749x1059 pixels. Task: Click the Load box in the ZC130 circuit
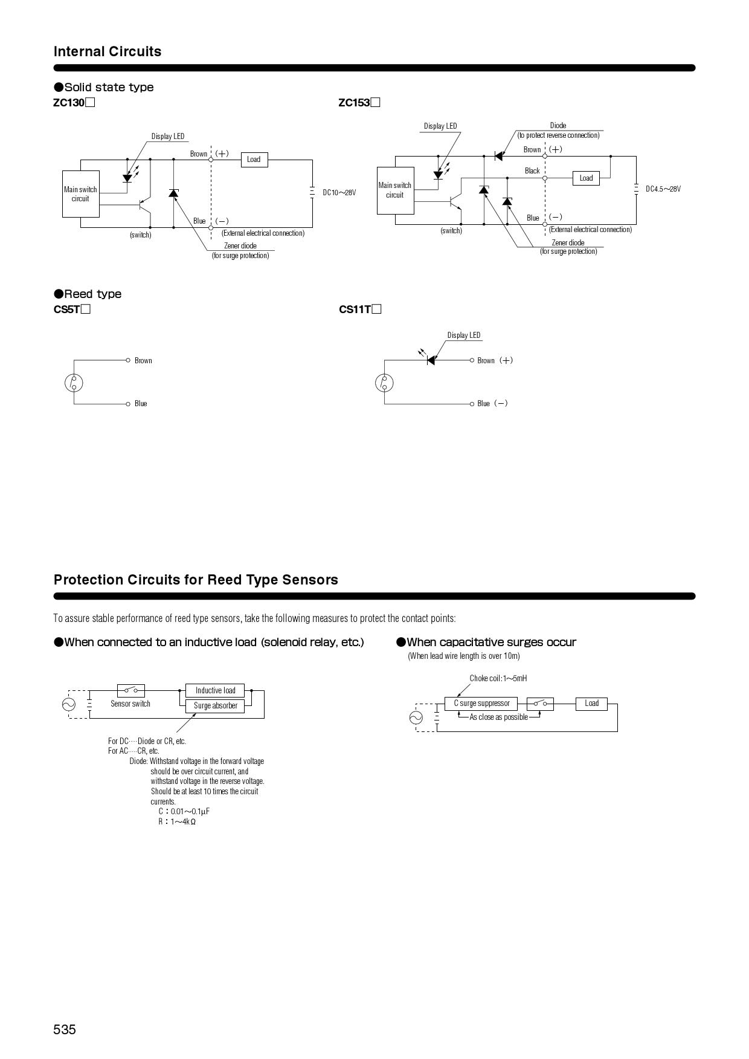[x=254, y=160]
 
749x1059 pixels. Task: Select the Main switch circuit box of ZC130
[x=80, y=194]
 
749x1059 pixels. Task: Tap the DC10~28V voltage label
[x=339, y=193]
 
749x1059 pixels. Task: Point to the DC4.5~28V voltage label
[x=663, y=189]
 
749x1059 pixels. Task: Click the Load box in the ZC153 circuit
[x=586, y=178]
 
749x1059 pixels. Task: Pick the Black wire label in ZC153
[x=532, y=171]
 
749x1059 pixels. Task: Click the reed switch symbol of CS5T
[x=74, y=383]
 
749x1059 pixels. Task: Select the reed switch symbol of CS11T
[x=384, y=383]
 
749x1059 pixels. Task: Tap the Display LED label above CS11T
[x=464, y=335]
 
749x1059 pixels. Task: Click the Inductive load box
[x=215, y=690]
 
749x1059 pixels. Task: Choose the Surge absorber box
[x=215, y=705]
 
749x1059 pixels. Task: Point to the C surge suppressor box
[x=481, y=704]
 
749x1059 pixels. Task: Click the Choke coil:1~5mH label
[x=498, y=678]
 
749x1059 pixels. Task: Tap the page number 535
[x=65, y=1029]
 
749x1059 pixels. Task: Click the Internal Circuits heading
[x=108, y=51]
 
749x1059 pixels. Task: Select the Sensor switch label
[x=130, y=704]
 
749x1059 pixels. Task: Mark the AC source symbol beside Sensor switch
[x=69, y=704]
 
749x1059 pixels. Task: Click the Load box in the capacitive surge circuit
[x=591, y=704]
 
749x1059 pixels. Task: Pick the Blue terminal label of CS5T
[x=141, y=404]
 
